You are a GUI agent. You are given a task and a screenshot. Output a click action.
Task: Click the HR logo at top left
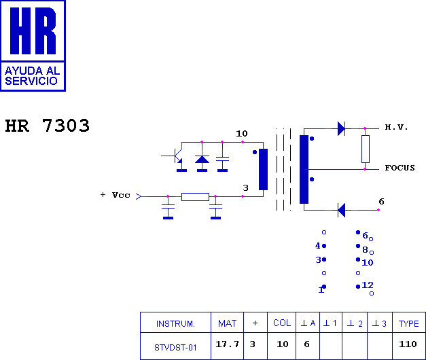(33, 45)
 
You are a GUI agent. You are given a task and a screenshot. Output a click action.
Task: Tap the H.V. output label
(396, 128)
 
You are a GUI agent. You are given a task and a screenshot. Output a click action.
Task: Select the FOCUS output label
(400, 168)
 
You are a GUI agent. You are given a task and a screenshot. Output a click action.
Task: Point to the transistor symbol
(176, 156)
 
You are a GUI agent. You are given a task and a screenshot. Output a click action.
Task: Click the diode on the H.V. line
(341, 128)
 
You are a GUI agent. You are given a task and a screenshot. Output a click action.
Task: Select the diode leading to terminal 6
(341, 210)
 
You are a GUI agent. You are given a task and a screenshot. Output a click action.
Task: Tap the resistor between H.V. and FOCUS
(365, 149)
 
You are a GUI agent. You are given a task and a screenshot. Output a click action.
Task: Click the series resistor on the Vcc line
(195, 197)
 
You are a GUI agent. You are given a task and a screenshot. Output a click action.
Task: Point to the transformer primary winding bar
(263, 169)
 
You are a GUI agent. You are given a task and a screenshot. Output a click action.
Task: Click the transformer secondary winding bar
(303, 169)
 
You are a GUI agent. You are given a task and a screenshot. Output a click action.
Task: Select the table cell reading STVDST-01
(175, 347)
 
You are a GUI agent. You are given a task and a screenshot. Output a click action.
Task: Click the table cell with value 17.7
(227, 344)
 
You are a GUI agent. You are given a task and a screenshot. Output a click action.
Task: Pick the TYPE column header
(408, 323)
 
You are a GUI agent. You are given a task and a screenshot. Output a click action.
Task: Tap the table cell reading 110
(408, 344)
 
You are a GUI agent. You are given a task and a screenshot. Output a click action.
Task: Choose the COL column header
(282, 323)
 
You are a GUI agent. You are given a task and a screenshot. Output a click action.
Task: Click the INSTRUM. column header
(175, 323)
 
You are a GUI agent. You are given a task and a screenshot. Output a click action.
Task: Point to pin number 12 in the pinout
(367, 285)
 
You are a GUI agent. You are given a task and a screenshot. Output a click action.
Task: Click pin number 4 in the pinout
(317, 246)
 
